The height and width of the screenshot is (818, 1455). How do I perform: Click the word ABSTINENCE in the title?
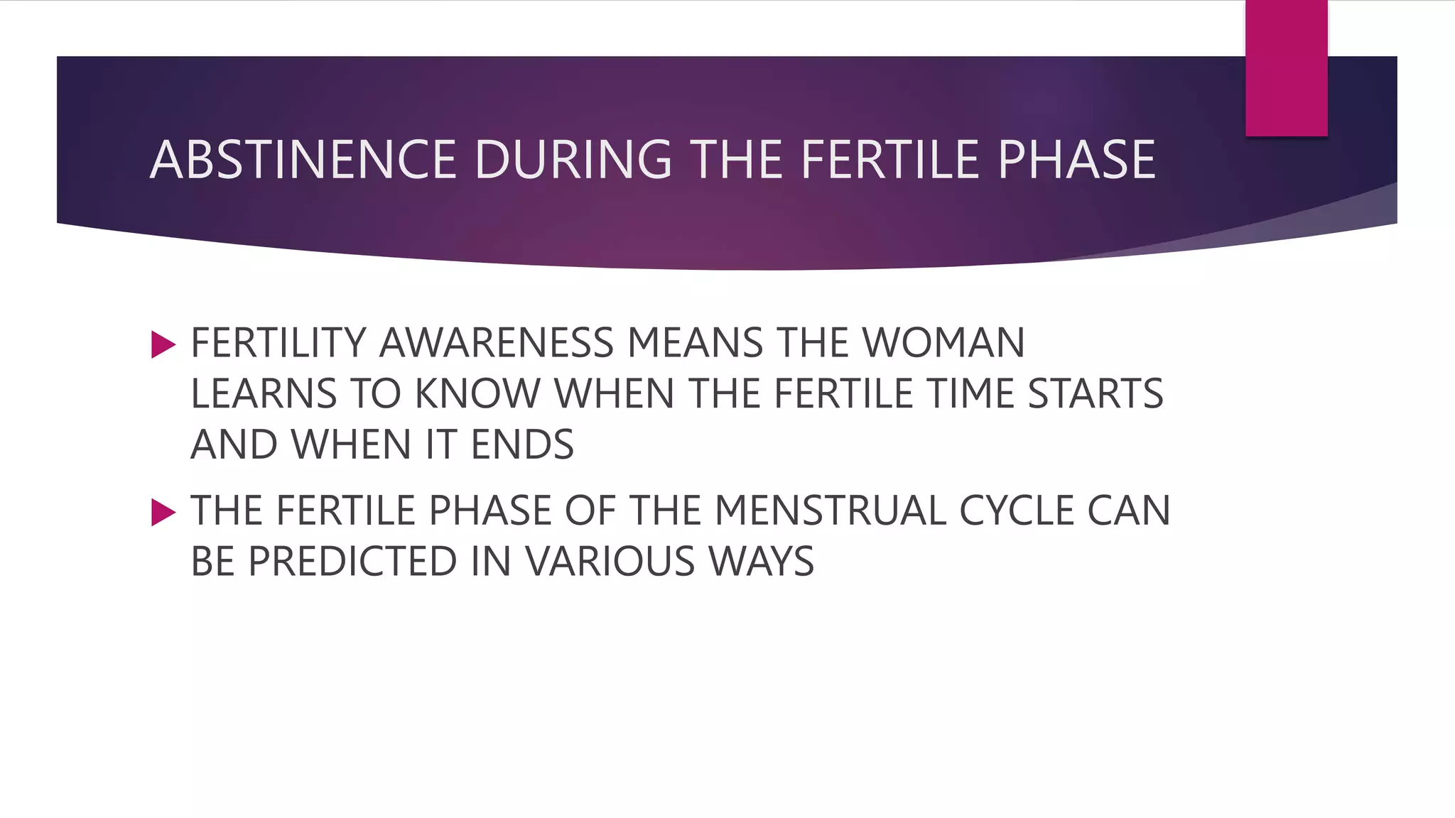[303, 160]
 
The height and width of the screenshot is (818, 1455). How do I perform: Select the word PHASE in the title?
[1076, 160]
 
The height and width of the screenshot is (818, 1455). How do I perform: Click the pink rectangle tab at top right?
[1286, 68]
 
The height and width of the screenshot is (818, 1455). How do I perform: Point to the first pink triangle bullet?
[163, 345]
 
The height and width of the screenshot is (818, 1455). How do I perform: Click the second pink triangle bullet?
[163, 513]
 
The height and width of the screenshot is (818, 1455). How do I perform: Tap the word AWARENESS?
[497, 343]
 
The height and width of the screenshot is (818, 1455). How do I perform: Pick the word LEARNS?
[264, 394]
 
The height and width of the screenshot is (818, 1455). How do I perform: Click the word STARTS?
[1096, 394]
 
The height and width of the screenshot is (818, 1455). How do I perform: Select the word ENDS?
[522, 445]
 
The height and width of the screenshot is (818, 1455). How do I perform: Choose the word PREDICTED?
[351, 562]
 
